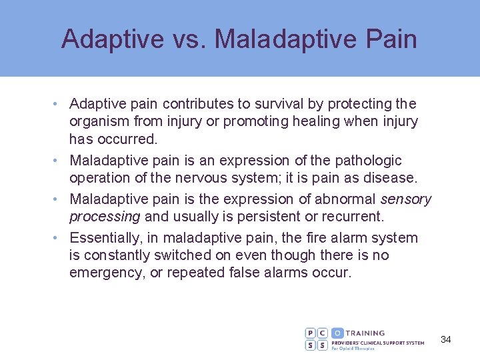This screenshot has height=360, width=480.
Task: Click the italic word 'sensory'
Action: tap(406, 199)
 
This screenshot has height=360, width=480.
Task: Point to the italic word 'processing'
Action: tap(105, 217)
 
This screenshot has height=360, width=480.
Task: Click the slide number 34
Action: tap(446, 339)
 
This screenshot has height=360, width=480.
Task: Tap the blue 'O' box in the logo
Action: tap(337, 333)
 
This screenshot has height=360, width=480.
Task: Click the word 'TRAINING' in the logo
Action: tap(365, 333)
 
